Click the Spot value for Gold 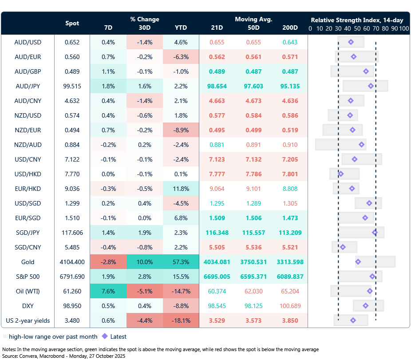pos(72,262)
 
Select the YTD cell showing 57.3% pos(181,262)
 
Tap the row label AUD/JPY pos(28,86)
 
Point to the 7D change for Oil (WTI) pos(108,291)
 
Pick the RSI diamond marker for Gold pos(358,262)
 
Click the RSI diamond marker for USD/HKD pos(341,174)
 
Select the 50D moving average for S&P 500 pos(253,277)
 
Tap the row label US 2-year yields pos(28,320)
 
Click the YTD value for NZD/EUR pos(181,130)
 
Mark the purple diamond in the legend pos(105,336)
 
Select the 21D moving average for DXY pos(217,306)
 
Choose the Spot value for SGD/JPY pos(72,233)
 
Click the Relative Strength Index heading pos(356,20)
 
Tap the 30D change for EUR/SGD pos(145,218)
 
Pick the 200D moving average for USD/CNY pos(290,159)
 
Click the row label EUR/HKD pos(28,189)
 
